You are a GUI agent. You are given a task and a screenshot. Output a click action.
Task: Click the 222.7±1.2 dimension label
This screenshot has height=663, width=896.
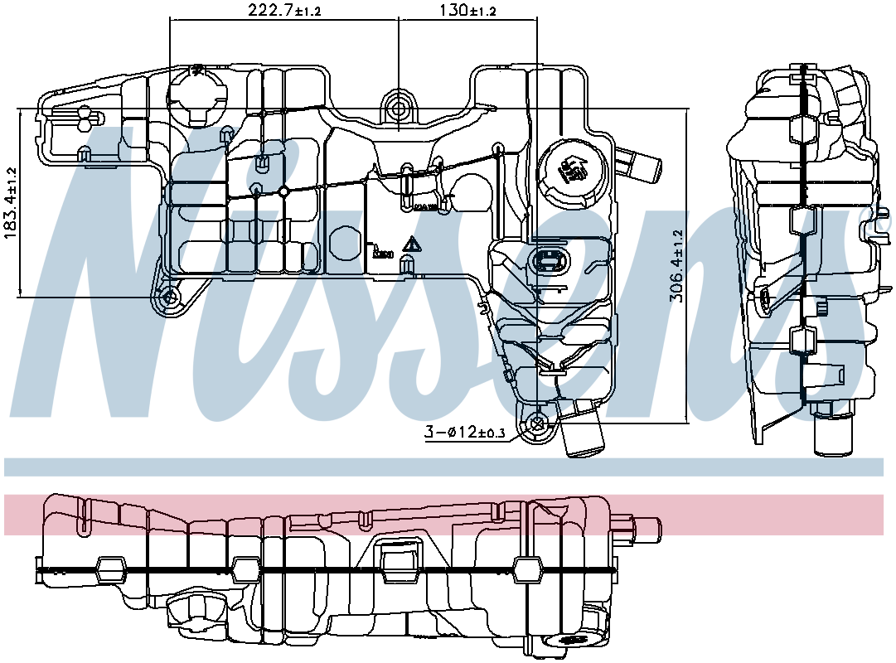284,11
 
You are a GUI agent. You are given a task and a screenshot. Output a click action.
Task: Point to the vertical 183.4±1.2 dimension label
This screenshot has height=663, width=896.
11,203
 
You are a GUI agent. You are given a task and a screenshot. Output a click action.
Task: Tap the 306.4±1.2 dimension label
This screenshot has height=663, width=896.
677,266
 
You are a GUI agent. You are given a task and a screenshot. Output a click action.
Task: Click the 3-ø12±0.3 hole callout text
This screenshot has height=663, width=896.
464,432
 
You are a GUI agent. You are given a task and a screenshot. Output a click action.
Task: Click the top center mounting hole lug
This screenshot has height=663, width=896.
399,109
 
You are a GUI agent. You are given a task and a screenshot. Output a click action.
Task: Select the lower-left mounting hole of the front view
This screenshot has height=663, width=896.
169,298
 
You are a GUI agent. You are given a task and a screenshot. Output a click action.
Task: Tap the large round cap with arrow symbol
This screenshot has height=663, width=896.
571,171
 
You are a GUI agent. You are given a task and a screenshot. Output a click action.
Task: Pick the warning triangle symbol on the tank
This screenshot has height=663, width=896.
410,244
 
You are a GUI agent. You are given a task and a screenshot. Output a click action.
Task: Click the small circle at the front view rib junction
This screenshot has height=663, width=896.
283,192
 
